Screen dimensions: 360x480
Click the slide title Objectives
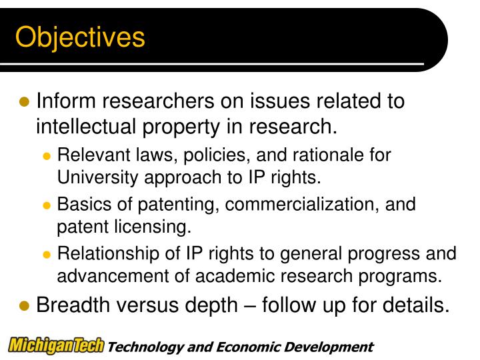[x=80, y=37]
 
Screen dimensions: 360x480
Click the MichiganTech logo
[x=57, y=346]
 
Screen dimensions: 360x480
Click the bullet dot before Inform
[x=25, y=102]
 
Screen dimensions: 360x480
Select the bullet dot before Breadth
[x=25, y=306]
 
